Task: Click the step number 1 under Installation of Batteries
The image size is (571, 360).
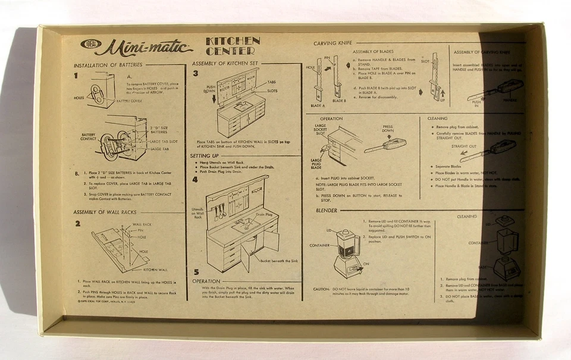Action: click(x=76, y=76)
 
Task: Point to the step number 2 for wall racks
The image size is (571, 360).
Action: click(x=78, y=224)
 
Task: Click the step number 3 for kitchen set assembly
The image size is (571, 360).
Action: click(x=196, y=73)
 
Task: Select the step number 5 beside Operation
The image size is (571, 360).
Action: click(x=196, y=273)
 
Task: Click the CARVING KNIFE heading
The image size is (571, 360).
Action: click(x=332, y=43)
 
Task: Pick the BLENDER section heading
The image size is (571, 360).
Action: click(x=326, y=210)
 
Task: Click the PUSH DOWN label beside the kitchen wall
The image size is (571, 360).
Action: click(x=211, y=89)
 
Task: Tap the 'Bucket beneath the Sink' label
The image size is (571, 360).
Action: click(x=280, y=261)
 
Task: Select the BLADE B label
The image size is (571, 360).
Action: click(x=339, y=101)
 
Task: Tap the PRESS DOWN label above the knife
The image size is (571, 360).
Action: click(x=387, y=129)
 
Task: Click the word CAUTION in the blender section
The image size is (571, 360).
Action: click(x=321, y=289)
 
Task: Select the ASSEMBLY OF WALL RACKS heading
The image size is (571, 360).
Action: click(x=105, y=212)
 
